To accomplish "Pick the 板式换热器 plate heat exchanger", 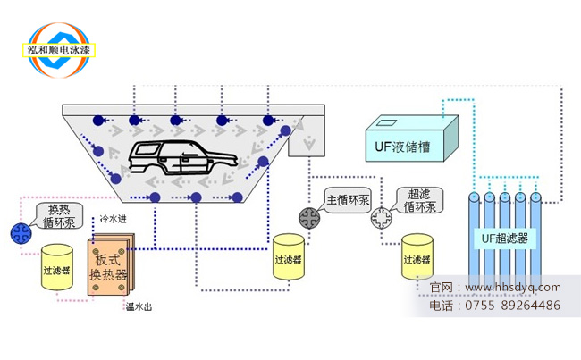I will pyautogui.click(x=110, y=266).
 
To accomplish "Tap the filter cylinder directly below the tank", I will pyautogui.click(x=289, y=258).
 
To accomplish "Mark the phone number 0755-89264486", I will pyautogui.click(x=512, y=306).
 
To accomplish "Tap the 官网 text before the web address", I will pyautogui.click(x=441, y=288).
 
